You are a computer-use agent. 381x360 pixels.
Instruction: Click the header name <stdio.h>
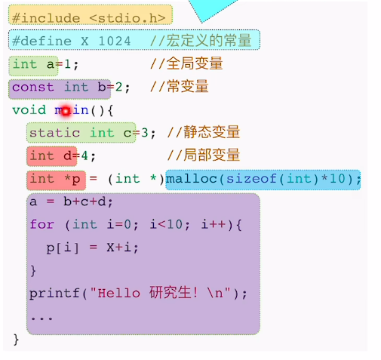[128, 18]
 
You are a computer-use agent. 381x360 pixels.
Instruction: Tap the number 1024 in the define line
[115, 41]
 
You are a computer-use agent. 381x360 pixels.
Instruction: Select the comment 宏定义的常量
[209, 40]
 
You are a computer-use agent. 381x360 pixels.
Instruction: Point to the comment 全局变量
[195, 63]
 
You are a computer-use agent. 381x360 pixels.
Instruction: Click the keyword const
[33, 88]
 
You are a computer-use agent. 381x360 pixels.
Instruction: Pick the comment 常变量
[188, 86]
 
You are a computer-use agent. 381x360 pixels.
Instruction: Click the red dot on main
[66, 111]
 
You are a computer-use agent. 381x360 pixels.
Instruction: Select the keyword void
[29, 110]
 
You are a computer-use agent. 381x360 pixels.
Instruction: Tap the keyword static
[55, 133]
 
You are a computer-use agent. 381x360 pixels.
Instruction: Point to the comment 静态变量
[212, 132]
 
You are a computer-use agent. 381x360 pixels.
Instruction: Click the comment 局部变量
[212, 155]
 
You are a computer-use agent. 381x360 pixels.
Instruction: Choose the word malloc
[192, 179]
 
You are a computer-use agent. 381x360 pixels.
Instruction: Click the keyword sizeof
[251, 179]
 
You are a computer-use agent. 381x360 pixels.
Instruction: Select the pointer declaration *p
[72, 179]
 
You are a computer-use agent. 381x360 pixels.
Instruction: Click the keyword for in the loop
[42, 224]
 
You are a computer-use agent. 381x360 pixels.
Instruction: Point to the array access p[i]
[63, 248]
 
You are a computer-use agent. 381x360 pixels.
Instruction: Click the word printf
[54, 294]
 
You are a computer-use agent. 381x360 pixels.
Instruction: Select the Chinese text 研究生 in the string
[171, 293]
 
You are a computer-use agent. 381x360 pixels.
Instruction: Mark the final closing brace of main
[16, 340]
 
